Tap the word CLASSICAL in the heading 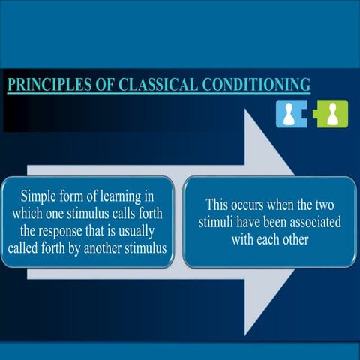coord(157,84)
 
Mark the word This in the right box coord(216,205)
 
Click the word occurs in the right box coord(250,205)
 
